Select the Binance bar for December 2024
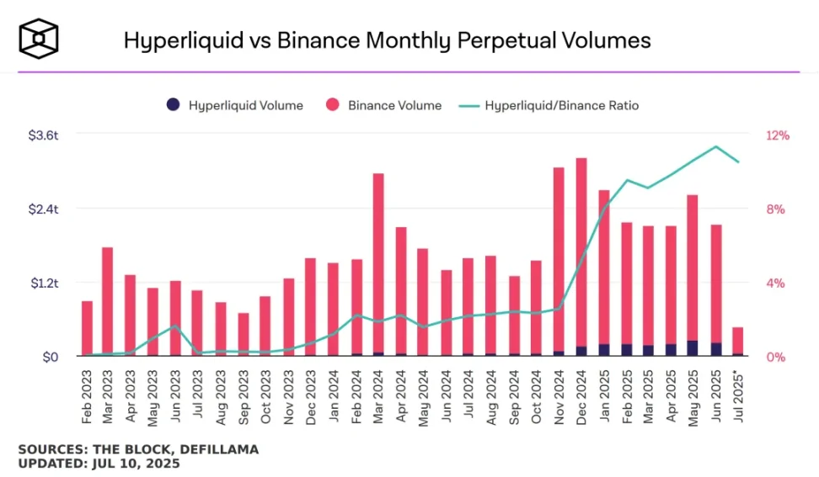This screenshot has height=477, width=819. (x=581, y=252)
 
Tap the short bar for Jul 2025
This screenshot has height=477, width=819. (x=738, y=341)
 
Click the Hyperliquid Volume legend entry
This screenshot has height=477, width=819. (x=234, y=105)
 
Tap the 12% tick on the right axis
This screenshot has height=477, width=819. (x=777, y=135)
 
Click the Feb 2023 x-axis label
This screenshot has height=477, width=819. (x=87, y=395)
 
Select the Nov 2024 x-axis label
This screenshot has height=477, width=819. (x=559, y=395)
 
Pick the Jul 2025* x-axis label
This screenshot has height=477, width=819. (x=738, y=397)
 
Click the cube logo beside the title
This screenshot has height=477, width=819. (x=38, y=40)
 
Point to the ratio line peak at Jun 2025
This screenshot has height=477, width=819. (x=716, y=146)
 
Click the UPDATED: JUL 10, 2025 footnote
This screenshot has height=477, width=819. (x=99, y=463)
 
